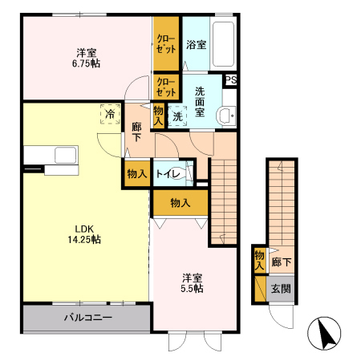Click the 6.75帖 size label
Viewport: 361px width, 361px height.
click(87, 63)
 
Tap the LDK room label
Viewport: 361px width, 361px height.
click(84, 229)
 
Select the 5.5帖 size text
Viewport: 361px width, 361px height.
click(192, 289)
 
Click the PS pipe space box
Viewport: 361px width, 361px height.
click(231, 80)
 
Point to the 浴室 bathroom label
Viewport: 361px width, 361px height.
click(197, 45)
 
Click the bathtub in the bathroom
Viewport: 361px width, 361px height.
click(223, 44)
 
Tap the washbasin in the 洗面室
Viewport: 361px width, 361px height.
click(225, 116)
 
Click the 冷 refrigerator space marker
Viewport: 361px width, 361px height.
click(110, 114)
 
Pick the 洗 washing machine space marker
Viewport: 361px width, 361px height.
click(177, 116)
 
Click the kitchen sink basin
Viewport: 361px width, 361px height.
click(66, 155)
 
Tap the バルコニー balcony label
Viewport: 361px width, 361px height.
click(88, 318)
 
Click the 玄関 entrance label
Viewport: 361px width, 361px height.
click(281, 289)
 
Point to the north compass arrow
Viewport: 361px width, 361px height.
click(327, 334)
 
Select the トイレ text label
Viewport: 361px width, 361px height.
click(168, 174)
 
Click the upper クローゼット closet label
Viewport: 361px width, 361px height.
click(166, 44)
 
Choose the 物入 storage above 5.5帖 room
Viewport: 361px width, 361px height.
click(180, 203)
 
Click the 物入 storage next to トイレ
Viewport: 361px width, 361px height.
click(137, 174)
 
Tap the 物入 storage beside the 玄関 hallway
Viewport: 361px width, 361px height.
click(259, 260)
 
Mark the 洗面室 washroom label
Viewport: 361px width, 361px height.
click(200, 102)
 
